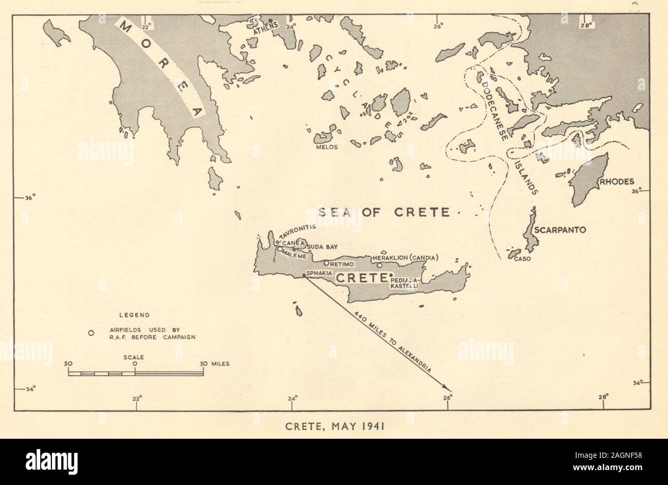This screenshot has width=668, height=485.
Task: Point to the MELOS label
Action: pyautogui.click(x=328, y=147)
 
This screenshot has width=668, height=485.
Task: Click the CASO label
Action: pyautogui.click(x=522, y=258)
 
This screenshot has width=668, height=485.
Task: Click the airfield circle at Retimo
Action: pyautogui.click(x=326, y=263)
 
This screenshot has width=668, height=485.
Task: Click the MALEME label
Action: pyautogui.click(x=295, y=256)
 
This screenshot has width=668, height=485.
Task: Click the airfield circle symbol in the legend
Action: pyautogui.click(x=91, y=333)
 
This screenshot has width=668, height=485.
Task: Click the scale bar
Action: pyautogui.click(x=136, y=373)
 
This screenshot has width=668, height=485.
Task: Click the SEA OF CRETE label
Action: pyautogui.click(x=383, y=212)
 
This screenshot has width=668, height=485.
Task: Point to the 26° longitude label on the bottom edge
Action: pyautogui.click(x=447, y=397)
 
